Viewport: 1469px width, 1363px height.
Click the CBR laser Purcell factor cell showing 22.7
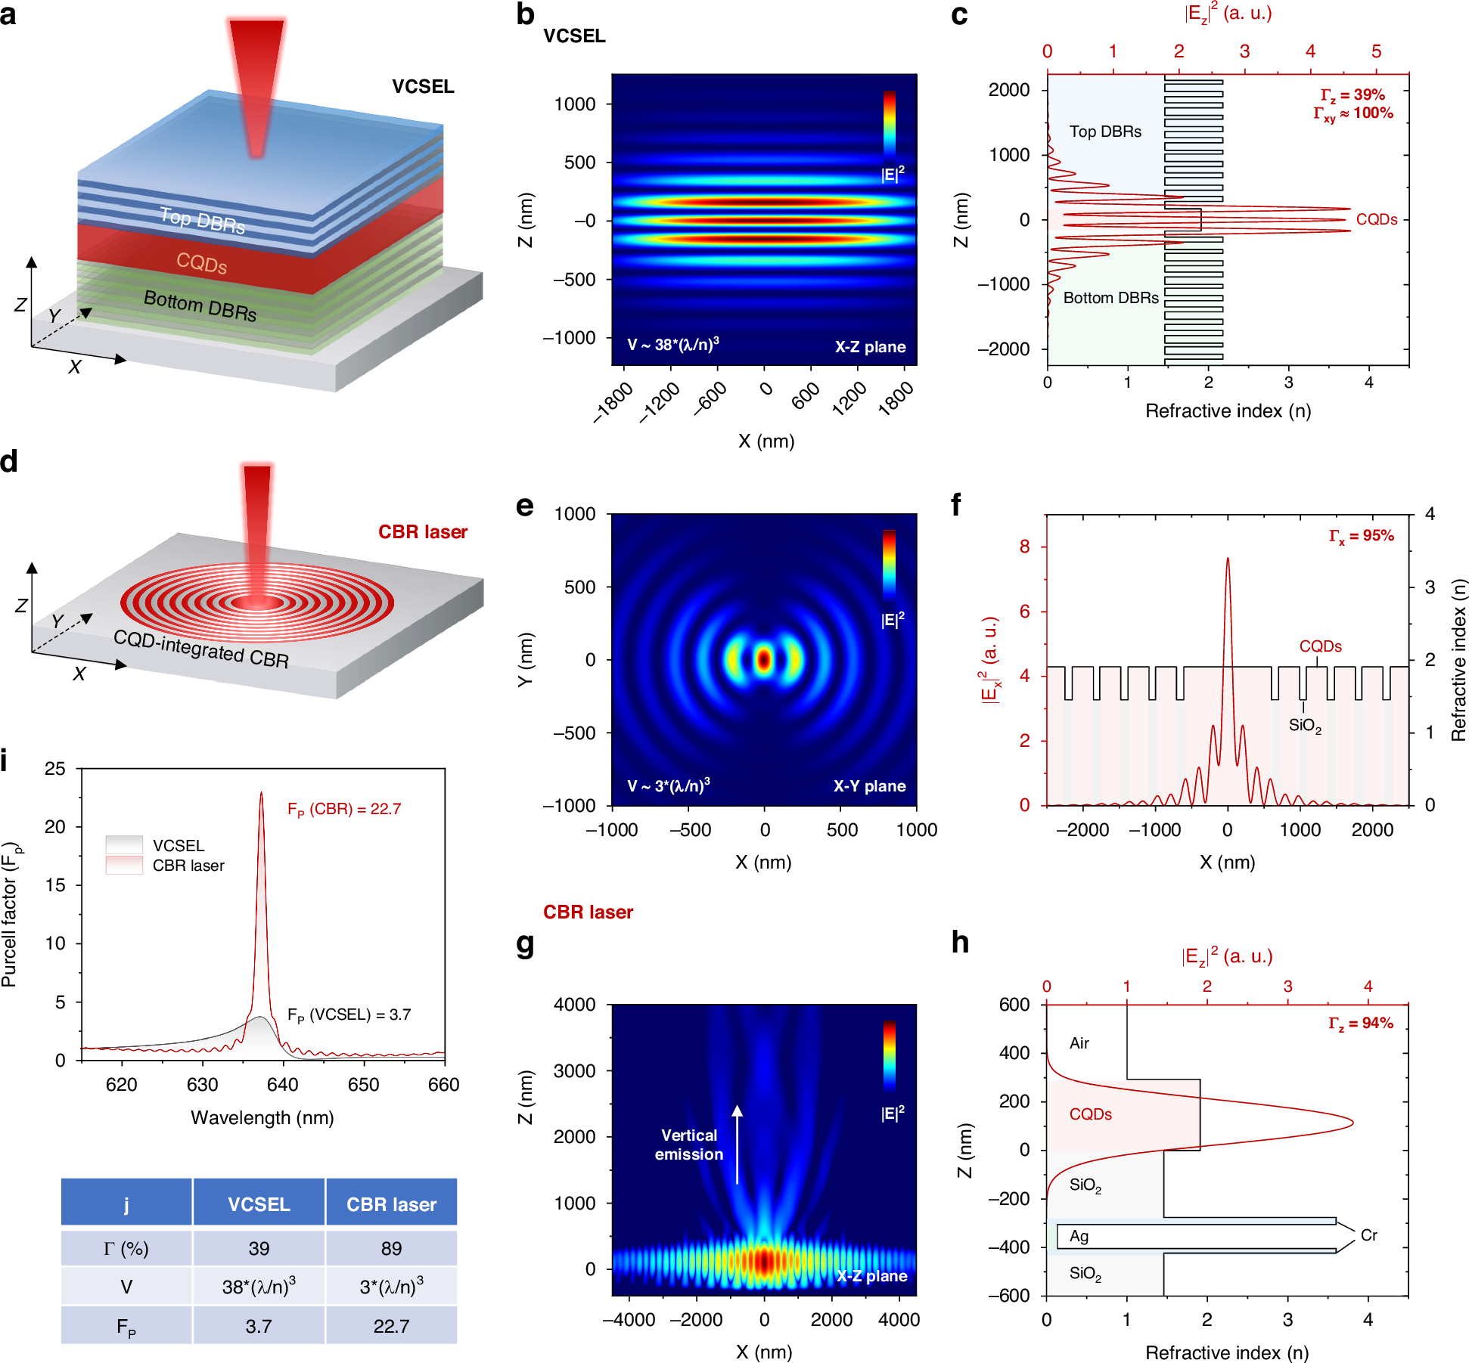[x=391, y=1326]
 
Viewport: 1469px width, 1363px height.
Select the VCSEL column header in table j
[x=259, y=1203]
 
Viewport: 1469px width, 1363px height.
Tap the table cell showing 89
[x=391, y=1248]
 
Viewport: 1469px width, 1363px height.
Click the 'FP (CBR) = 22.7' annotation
[x=344, y=810]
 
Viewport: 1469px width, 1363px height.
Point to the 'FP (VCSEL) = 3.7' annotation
[x=349, y=1015]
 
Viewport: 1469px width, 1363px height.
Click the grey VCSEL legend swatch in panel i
[x=124, y=844]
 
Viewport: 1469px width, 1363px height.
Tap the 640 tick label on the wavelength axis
[x=282, y=1085]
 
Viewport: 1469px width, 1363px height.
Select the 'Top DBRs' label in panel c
[x=1105, y=132]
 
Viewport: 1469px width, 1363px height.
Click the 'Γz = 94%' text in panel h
[x=1360, y=1023]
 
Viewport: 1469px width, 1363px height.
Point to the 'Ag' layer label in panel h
[x=1079, y=1236]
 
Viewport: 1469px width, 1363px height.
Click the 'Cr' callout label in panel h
[x=1368, y=1234]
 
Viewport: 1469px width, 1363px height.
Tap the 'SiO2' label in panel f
[x=1305, y=726]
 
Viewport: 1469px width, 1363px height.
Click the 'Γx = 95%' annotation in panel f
[x=1361, y=536]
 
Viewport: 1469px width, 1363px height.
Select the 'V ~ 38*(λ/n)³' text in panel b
[x=673, y=345]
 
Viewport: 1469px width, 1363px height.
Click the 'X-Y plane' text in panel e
[x=869, y=786]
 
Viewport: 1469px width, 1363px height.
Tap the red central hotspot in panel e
[x=764, y=660]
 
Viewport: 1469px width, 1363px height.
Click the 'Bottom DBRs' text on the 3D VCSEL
[x=200, y=305]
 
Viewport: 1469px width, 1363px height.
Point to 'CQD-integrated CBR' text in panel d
[x=201, y=649]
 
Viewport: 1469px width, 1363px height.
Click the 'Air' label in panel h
[x=1079, y=1043]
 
